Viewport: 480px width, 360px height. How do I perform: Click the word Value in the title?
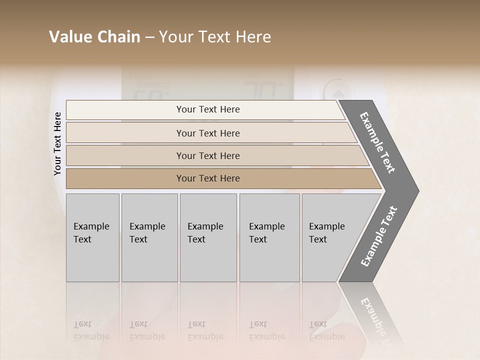point(69,37)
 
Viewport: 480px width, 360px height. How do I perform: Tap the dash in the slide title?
point(149,37)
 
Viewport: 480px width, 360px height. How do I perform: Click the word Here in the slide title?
point(253,37)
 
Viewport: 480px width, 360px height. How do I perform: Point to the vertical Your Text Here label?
point(57,143)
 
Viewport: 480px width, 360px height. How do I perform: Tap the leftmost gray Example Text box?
point(92,237)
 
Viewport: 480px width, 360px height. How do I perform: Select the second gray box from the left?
point(149,237)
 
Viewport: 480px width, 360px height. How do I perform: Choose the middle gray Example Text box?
point(208,237)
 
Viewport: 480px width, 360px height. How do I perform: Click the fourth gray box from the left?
point(269,237)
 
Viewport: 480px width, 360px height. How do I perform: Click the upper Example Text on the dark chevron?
point(377,143)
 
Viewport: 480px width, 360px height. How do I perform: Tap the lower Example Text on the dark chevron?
point(379,236)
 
